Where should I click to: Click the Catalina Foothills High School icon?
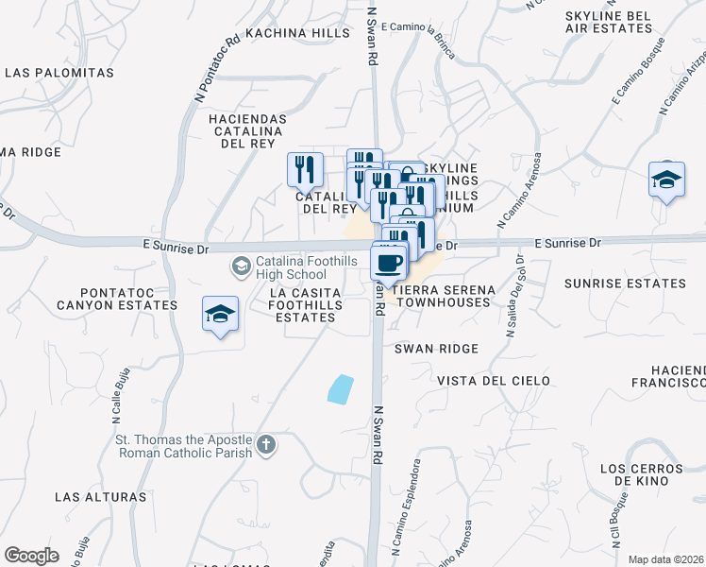241,267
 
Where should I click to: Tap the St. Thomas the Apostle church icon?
267,444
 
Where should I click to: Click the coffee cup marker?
390,261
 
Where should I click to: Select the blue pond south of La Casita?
340,388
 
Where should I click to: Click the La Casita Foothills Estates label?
303,305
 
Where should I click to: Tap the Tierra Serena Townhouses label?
444,296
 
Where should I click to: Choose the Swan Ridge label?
436,349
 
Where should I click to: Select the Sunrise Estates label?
625,283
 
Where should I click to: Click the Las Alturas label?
101,496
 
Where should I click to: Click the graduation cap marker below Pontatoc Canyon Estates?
220,315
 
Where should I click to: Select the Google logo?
31,555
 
